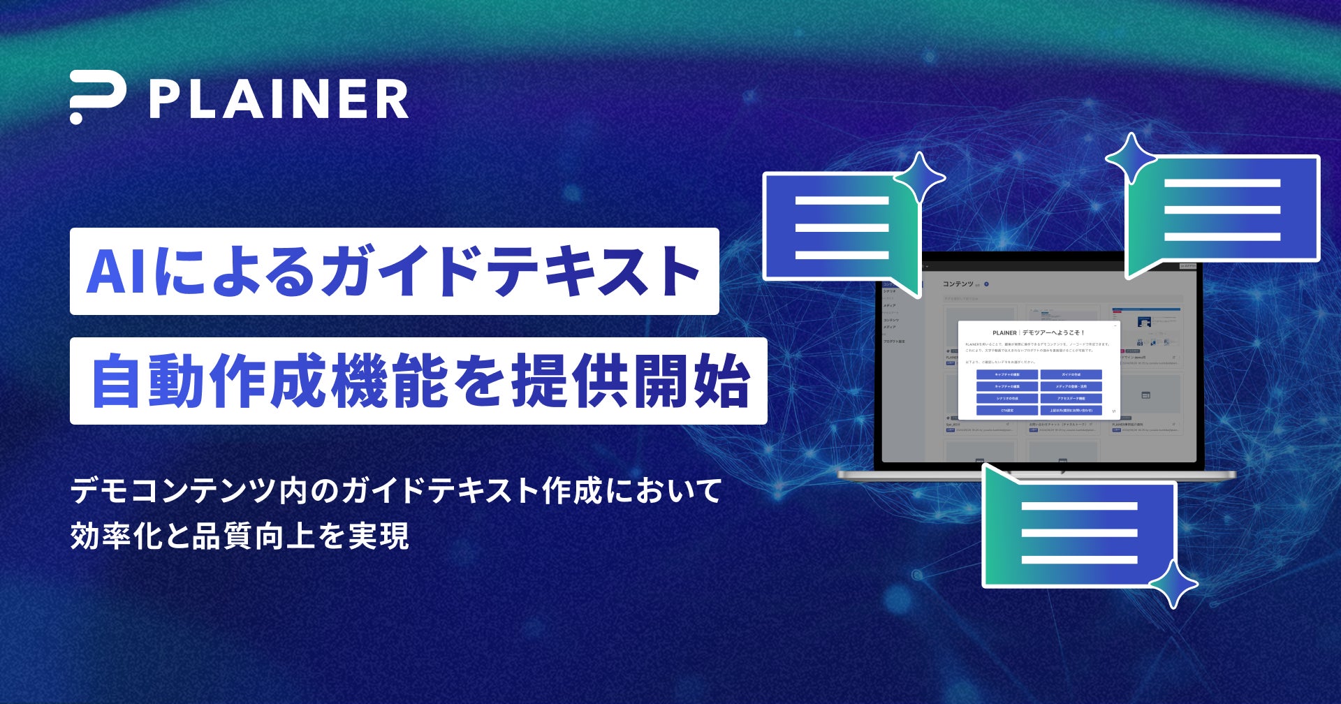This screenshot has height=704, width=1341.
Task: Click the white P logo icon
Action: [x=97, y=97]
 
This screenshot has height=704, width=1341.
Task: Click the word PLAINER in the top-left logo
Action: [x=279, y=99]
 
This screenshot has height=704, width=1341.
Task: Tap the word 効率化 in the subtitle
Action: [x=115, y=536]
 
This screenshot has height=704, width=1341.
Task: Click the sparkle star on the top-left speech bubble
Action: [x=919, y=177]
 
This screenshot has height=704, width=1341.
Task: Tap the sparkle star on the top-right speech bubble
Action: [x=1131, y=158]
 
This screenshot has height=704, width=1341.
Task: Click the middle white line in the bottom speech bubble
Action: [x=1079, y=533]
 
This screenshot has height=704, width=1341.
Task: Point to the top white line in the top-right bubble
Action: [x=1222, y=184]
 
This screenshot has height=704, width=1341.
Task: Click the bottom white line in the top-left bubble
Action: [x=842, y=255]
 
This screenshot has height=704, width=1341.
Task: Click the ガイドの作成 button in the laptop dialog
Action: [x=1071, y=375]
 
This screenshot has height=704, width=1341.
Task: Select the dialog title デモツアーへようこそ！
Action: [x=1053, y=333]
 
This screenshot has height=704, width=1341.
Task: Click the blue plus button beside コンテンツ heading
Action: [x=987, y=284]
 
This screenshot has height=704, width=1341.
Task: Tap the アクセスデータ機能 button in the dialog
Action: [x=1071, y=398]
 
